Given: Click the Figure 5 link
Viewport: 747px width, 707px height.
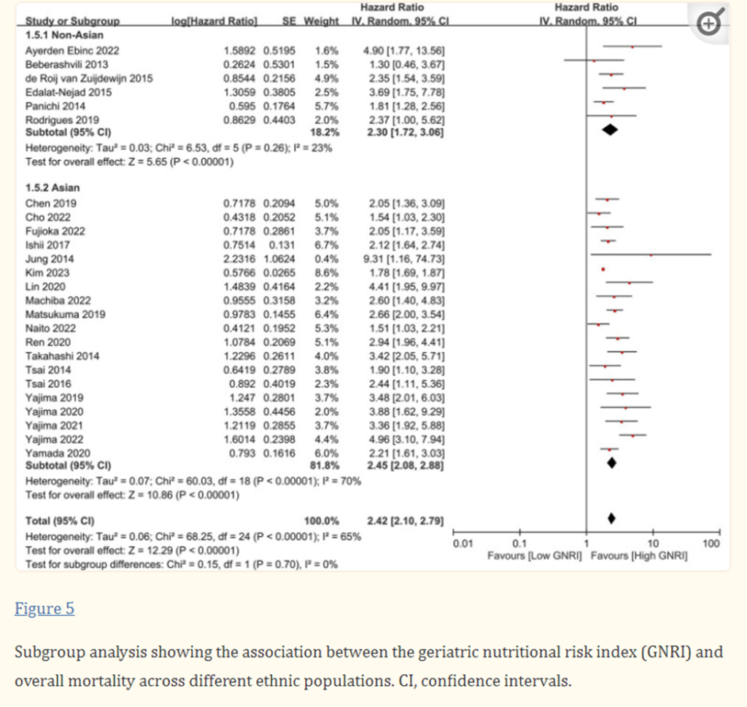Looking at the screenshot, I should coord(44,609).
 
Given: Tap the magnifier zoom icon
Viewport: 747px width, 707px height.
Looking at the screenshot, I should coord(712,24).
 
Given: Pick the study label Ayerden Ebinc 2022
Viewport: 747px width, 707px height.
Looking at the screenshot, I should coord(72,51).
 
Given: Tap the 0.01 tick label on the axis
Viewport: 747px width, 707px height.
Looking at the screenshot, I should coord(460,544).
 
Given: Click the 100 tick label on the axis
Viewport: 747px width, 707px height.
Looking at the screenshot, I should coord(711,544).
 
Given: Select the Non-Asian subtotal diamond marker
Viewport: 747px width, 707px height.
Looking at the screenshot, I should coord(610,130).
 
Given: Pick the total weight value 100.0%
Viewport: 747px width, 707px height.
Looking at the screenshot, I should coord(322,520).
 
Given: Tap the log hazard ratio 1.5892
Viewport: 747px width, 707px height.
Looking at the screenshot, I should coord(240,51).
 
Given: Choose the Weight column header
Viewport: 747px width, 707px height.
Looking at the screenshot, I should coord(321,21).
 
